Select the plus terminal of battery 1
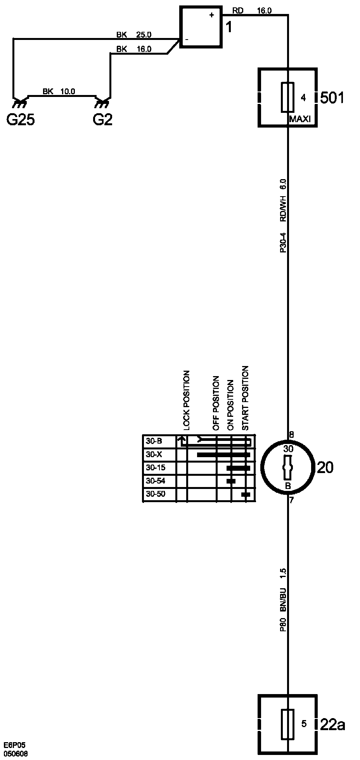point(211,15)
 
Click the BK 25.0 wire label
point(134,35)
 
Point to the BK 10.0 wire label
point(59,92)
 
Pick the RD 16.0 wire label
point(252,11)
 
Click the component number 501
point(332,98)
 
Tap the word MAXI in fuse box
point(300,119)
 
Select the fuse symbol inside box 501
point(288,97)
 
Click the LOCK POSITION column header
point(187,401)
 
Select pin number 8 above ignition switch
point(291,435)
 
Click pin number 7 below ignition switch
point(291,500)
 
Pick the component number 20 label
point(325,468)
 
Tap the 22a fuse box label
point(332,724)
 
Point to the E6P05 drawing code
point(15,745)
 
